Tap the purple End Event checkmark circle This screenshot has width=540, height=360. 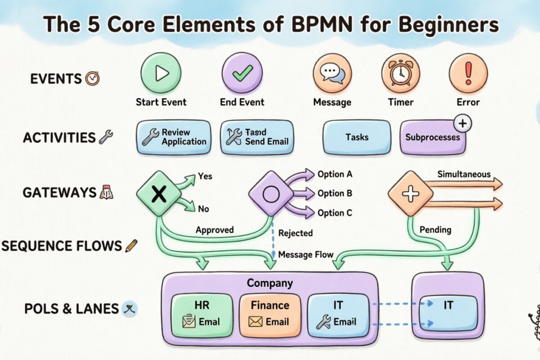click(x=242, y=72)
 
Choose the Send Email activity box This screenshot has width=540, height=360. click(x=256, y=137)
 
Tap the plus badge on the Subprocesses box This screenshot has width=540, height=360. click(x=463, y=123)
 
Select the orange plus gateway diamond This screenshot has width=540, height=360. click(x=410, y=193)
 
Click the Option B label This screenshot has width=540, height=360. click(x=335, y=193)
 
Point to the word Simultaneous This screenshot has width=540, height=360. click(x=463, y=174)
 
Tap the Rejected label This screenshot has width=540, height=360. click(x=295, y=233)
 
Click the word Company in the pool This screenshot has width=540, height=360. click(x=270, y=283)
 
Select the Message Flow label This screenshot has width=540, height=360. click(x=306, y=255)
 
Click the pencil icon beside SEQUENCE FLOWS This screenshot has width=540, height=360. click(x=132, y=246)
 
